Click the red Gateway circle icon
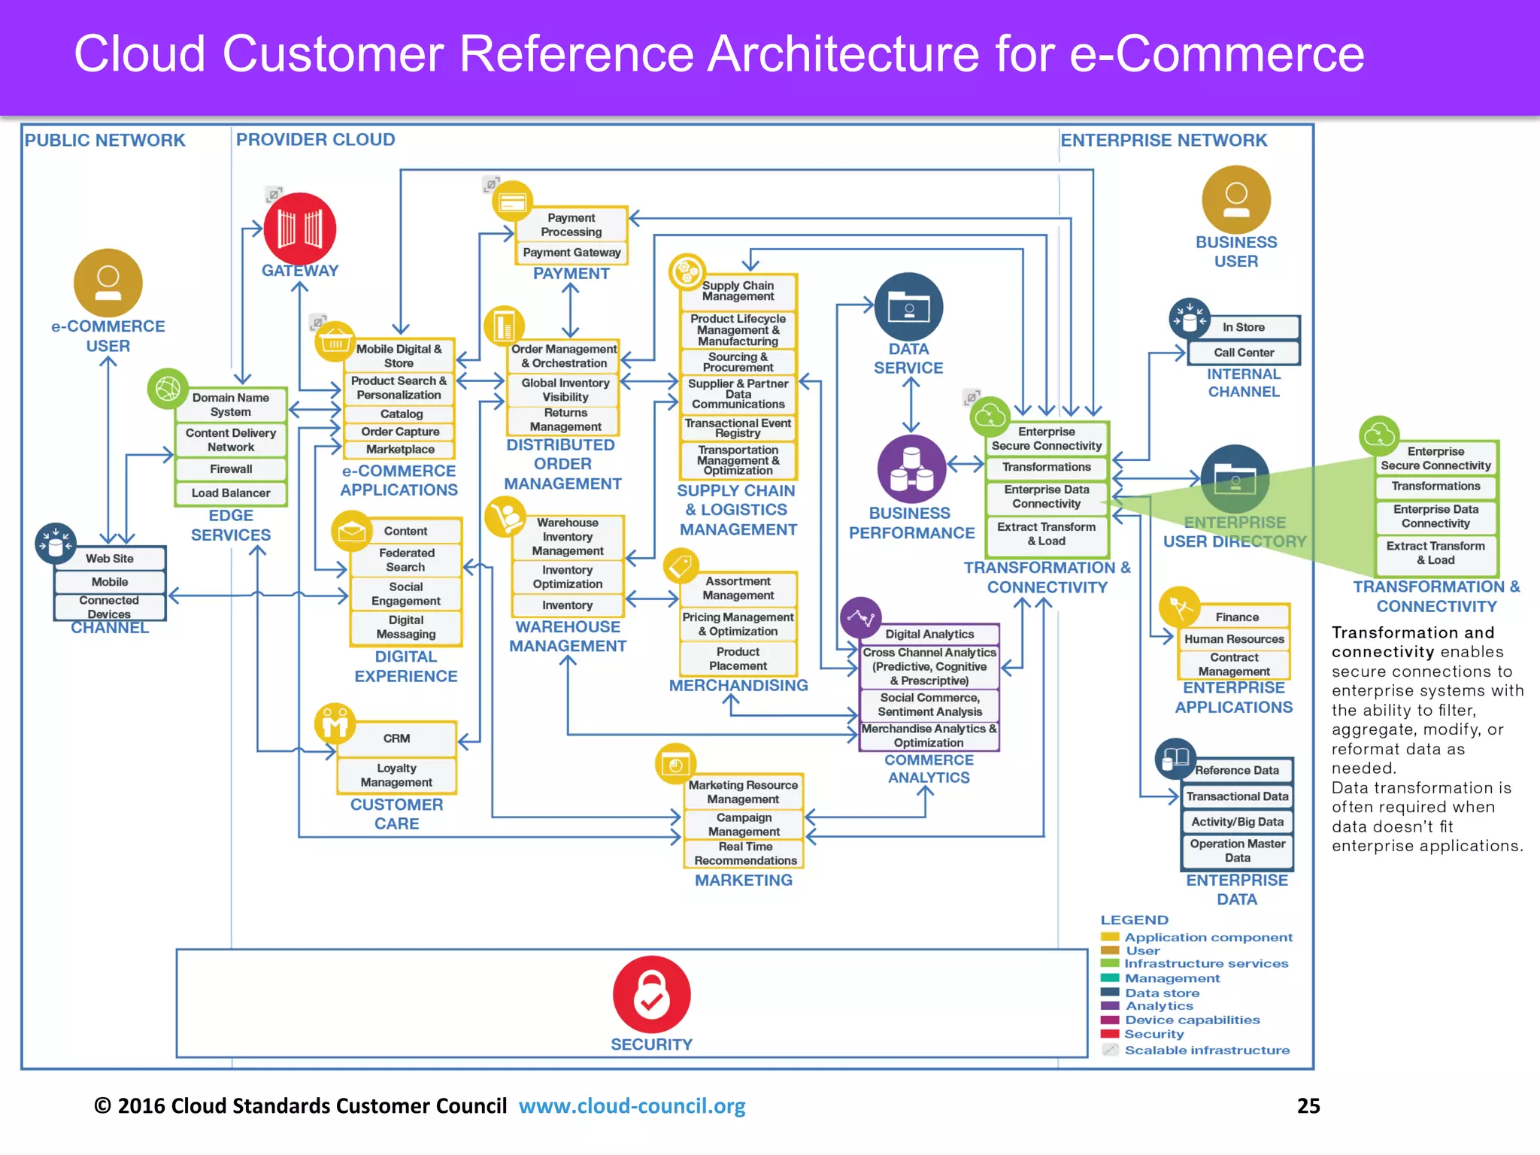299,229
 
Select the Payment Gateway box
571,253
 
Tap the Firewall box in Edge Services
231,469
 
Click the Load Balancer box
231,493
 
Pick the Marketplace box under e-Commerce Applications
400,450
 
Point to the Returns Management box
565,420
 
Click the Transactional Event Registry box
738,428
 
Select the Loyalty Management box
396,775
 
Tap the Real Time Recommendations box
744,853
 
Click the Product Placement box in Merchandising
738,659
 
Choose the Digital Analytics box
929,634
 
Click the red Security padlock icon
651,994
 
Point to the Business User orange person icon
1235,200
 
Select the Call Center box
1244,353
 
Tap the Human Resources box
1234,639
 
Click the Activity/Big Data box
1237,822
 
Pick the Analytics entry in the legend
1159,1006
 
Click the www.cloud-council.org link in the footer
632,1106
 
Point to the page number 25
1308,1105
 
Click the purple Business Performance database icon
911,469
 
